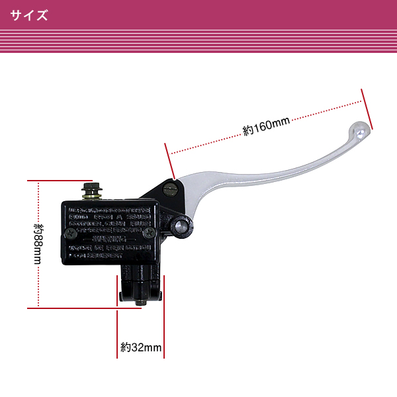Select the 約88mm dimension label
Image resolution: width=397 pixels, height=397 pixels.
(38, 243)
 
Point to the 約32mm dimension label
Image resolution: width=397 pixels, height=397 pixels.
(141, 347)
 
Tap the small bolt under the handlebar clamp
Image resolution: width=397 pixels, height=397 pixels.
(140, 302)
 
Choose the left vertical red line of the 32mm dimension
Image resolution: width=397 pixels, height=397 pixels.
(118, 331)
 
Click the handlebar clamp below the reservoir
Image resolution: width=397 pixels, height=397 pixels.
(140, 281)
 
